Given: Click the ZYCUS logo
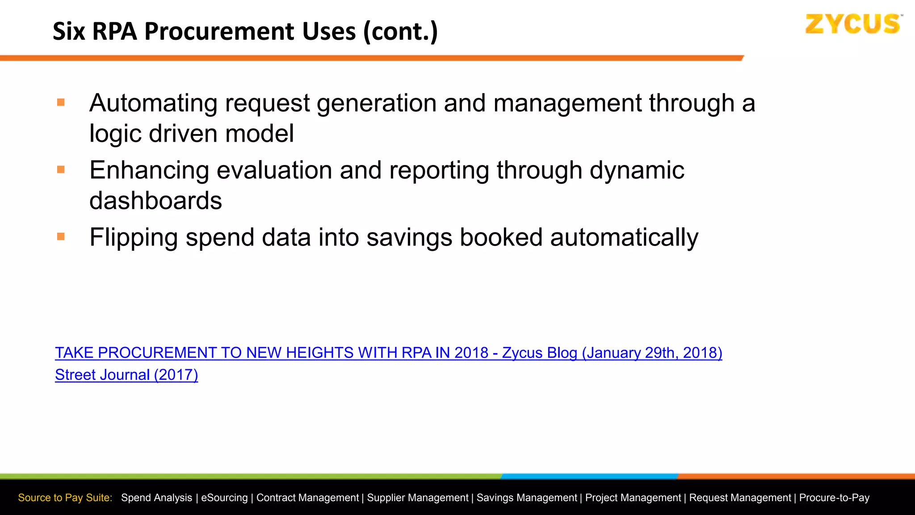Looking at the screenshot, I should coord(852,24).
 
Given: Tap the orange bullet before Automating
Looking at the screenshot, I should coord(61,103).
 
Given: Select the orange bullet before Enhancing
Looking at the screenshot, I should coord(61,170).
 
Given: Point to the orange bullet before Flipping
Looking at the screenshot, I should coord(61,236).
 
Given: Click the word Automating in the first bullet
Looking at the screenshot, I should coord(153,104).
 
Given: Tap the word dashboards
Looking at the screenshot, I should coord(155,201).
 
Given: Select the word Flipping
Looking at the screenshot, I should coord(133,237).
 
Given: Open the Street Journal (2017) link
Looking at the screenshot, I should coord(126,375).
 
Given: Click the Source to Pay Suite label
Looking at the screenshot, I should coord(65,498).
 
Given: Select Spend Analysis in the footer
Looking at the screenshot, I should coord(156,498).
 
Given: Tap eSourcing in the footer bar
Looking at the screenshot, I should coord(224,498).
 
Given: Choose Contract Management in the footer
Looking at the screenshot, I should coord(307,498).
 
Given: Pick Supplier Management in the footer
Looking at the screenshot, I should coord(418,498).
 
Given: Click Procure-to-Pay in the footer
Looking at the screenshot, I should coord(834,498).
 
